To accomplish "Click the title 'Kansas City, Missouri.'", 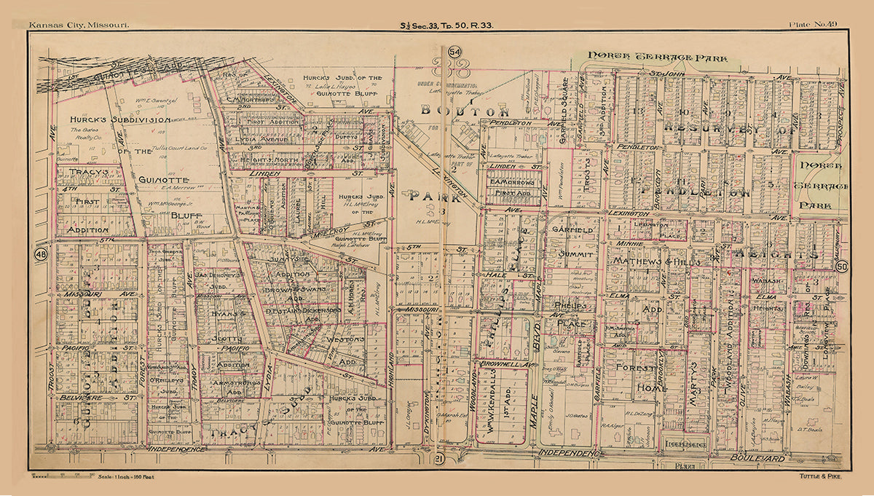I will [79, 25].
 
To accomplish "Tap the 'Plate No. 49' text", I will [812, 25].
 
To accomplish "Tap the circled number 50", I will [842, 267].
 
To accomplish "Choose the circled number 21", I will [438, 457].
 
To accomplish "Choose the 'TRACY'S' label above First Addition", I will [88, 173].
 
